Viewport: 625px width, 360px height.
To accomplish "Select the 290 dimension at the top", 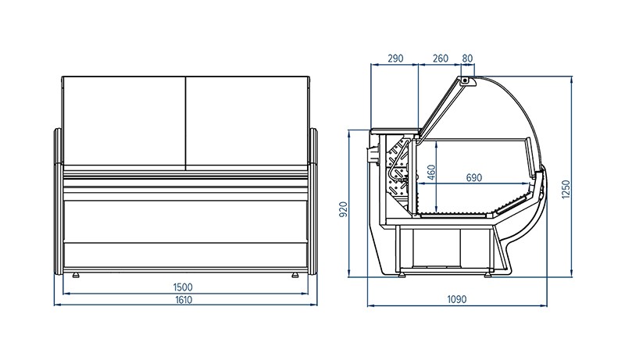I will click(x=395, y=59).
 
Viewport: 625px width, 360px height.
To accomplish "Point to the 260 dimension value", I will click(x=440, y=59).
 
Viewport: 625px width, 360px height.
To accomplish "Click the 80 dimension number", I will click(x=467, y=59).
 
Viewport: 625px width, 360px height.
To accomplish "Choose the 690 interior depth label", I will click(x=473, y=177).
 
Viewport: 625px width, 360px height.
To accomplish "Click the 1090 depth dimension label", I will click(x=457, y=298).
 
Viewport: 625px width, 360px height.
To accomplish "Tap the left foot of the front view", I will click(x=77, y=275).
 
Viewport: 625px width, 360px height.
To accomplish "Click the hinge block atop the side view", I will click(x=467, y=79).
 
